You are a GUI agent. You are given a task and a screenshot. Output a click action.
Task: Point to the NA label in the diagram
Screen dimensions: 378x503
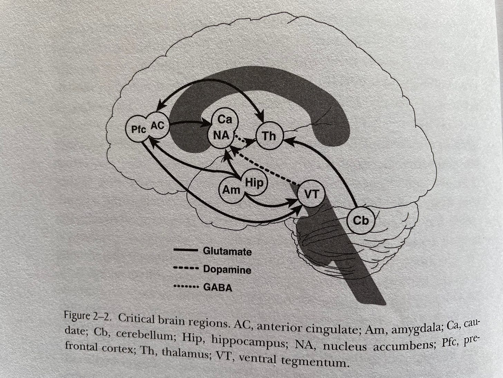tap(221, 135)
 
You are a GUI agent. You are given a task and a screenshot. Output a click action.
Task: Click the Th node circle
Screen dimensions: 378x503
tap(269, 136)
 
